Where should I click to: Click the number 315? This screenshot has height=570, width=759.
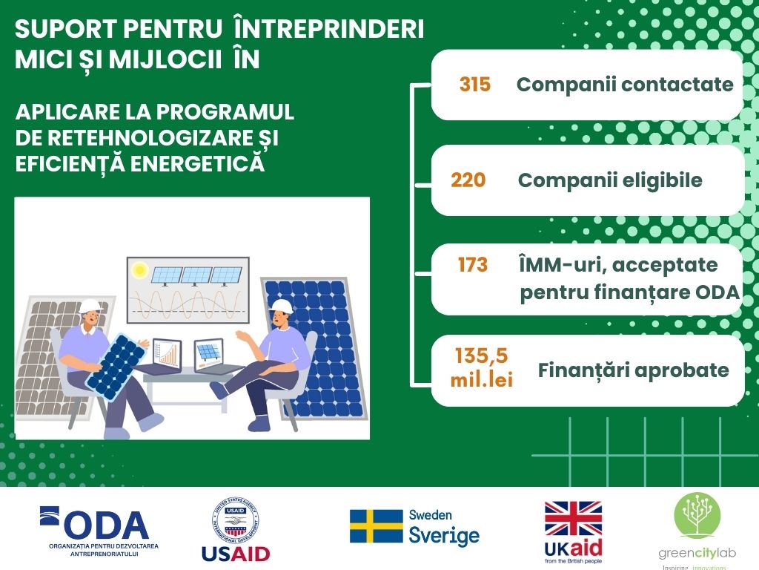(475, 85)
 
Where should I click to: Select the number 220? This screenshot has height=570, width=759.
(468, 180)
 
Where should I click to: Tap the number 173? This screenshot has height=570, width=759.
(472, 265)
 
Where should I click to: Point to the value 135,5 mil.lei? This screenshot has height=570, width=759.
(481, 367)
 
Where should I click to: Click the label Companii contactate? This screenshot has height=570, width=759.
(625, 85)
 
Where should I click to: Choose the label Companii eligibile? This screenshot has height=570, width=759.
(610, 180)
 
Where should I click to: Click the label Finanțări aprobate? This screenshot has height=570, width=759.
(633, 370)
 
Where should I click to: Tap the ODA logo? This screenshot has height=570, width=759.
(99, 531)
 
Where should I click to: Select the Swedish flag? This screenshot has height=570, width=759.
(376, 526)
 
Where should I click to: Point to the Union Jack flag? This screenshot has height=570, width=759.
(573, 519)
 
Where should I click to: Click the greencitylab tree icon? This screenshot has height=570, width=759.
(697, 515)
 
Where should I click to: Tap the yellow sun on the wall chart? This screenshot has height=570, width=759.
(139, 269)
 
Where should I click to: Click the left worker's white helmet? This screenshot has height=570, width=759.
(90, 306)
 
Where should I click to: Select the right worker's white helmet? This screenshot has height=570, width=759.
(282, 306)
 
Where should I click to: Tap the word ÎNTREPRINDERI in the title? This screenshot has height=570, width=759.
(329, 29)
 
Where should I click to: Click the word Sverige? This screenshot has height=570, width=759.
(444, 536)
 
